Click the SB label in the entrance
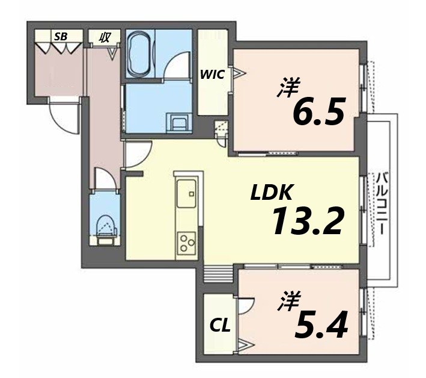pyautogui.click(x=60, y=37)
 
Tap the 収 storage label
pyautogui.click(x=104, y=37)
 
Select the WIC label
pyautogui.click(x=212, y=75)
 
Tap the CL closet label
pyautogui.click(x=219, y=326)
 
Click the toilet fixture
pyautogui.click(x=107, y=226)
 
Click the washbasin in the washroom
pyautogui.click(x=179, y=124)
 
